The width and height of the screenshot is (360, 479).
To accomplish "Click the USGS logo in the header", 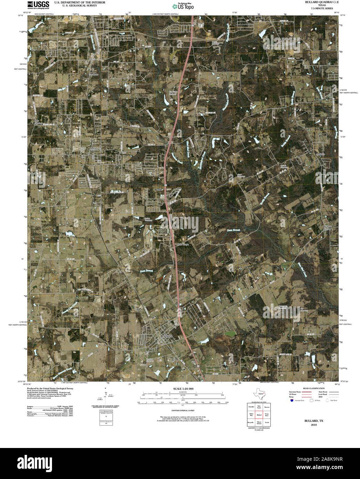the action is (x=38, y=4).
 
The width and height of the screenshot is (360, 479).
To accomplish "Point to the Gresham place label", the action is (x=93, y=74).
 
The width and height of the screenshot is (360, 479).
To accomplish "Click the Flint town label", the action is (x=96, y=149).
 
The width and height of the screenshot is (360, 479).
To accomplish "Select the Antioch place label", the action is (x=320, y=154).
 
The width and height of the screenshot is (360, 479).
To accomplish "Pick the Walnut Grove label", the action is (x=327, y=228).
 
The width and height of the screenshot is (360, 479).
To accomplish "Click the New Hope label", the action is (x=183, y=244).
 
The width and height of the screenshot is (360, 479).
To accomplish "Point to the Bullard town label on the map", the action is (x=167, y=336).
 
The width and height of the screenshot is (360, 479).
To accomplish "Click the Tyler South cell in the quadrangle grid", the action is (x=259, y=407).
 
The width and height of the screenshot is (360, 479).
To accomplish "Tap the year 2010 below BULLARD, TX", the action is (x=313, y=425).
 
